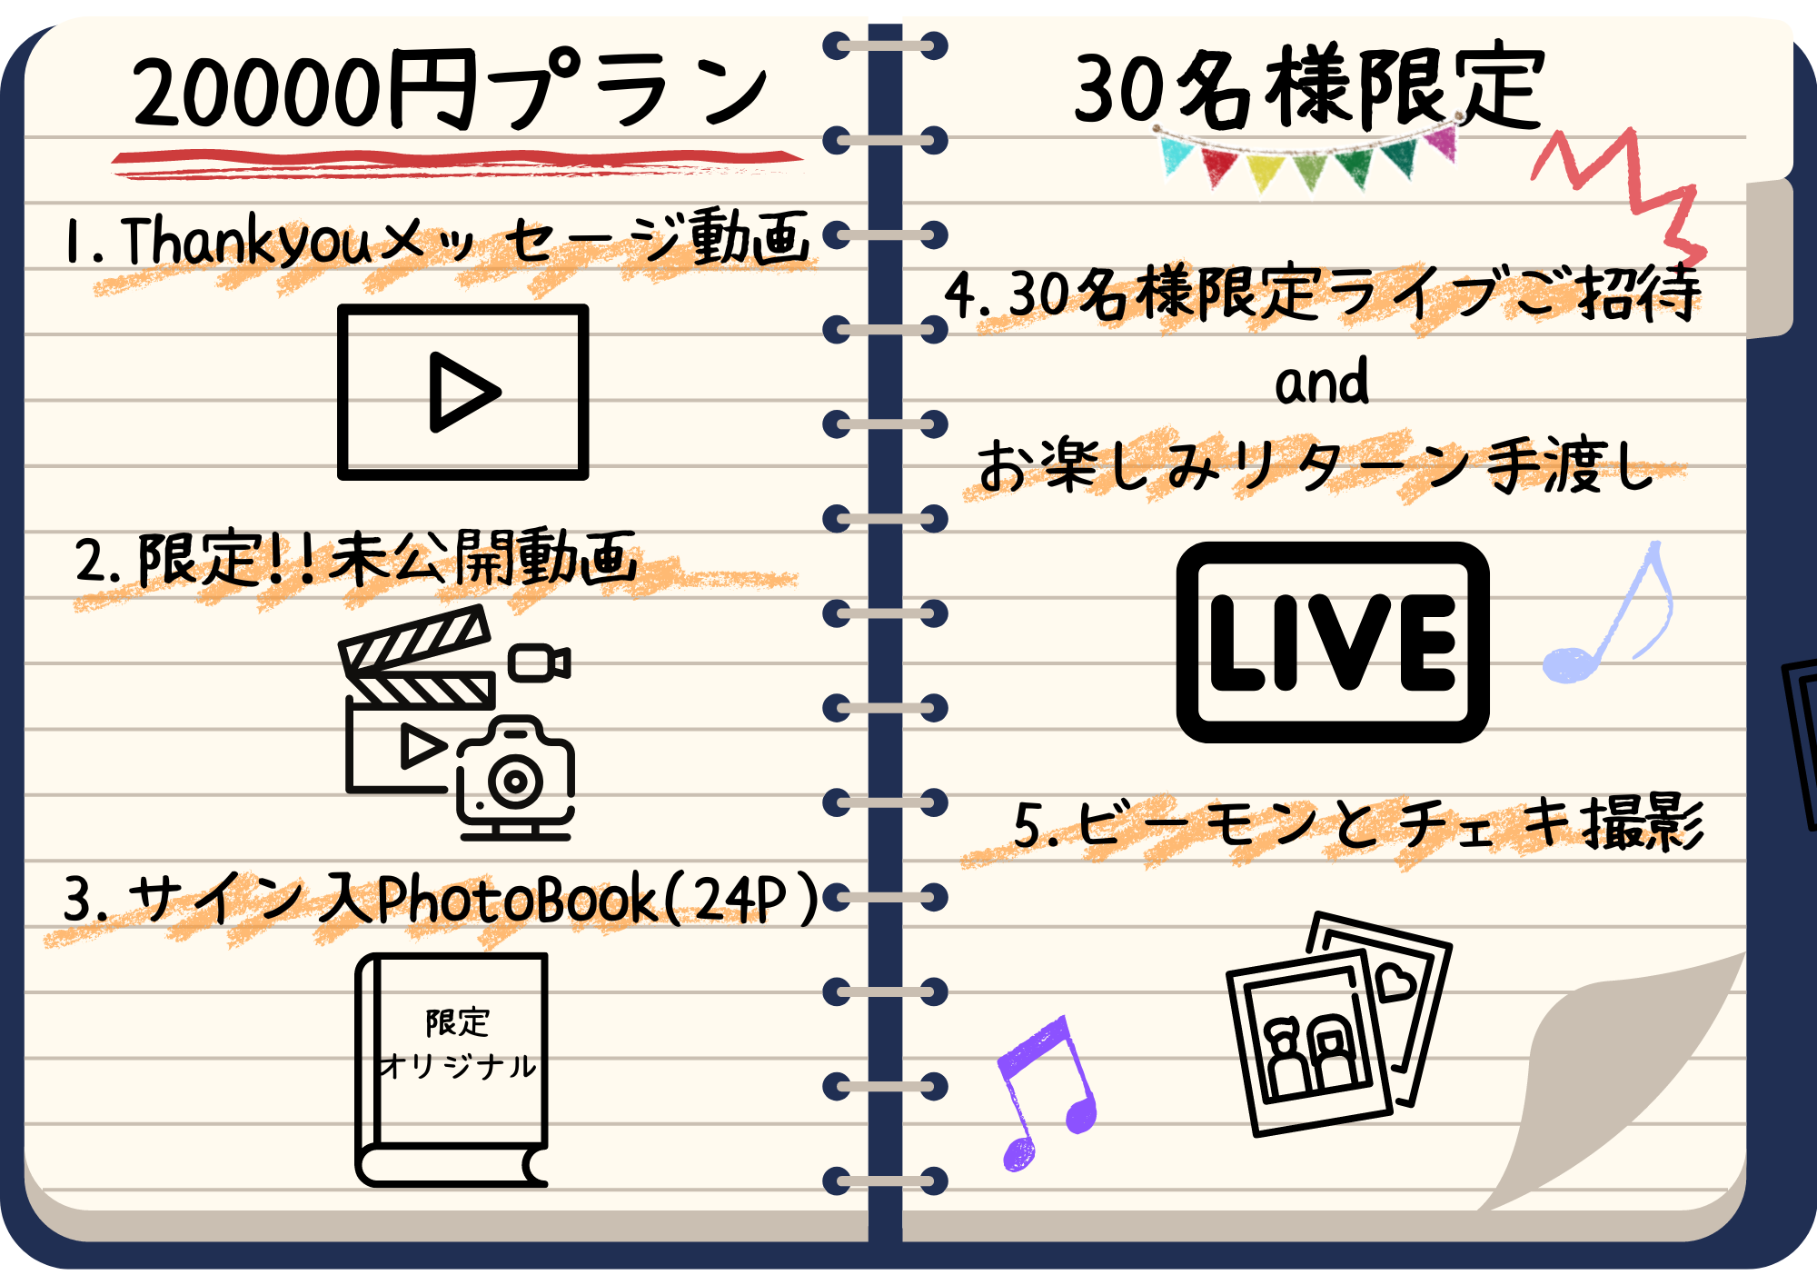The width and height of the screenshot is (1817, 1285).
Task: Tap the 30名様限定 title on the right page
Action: click(1309, 86)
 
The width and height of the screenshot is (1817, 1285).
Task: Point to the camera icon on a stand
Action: click(515, 778)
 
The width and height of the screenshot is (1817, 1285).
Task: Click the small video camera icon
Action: click(540, 662)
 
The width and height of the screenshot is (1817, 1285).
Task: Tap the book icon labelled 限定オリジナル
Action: click(452, 1071)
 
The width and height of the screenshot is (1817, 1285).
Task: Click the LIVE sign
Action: click(1333, 642)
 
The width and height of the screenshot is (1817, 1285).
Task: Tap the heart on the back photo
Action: click(1395, 982)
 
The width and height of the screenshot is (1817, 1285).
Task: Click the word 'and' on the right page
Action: click(1322, 381)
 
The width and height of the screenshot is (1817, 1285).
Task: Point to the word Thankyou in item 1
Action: click(245, 240)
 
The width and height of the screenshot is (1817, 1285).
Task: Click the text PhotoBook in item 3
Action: click(516, 900)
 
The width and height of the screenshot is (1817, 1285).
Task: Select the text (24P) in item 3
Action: click(741, 899)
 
